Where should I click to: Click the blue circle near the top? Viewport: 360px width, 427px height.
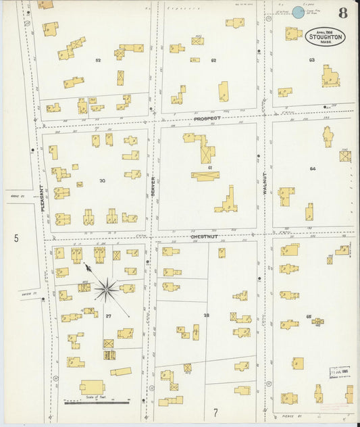point(297,11)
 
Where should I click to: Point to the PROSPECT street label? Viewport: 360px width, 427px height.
point(207,118)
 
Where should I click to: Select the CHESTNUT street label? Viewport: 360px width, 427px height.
point(204,237)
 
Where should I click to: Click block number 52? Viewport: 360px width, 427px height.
point(98,61)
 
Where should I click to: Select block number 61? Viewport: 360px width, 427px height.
point(211,167)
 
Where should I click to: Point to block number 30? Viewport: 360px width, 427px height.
point(103,180)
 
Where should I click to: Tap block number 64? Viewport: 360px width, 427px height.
point(312,169)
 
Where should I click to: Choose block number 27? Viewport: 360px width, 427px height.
point(108,316)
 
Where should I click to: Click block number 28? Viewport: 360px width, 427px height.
point(207,316)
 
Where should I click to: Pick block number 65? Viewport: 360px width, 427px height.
point(309,317)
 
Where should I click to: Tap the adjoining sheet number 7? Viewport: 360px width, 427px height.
point(215,412)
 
